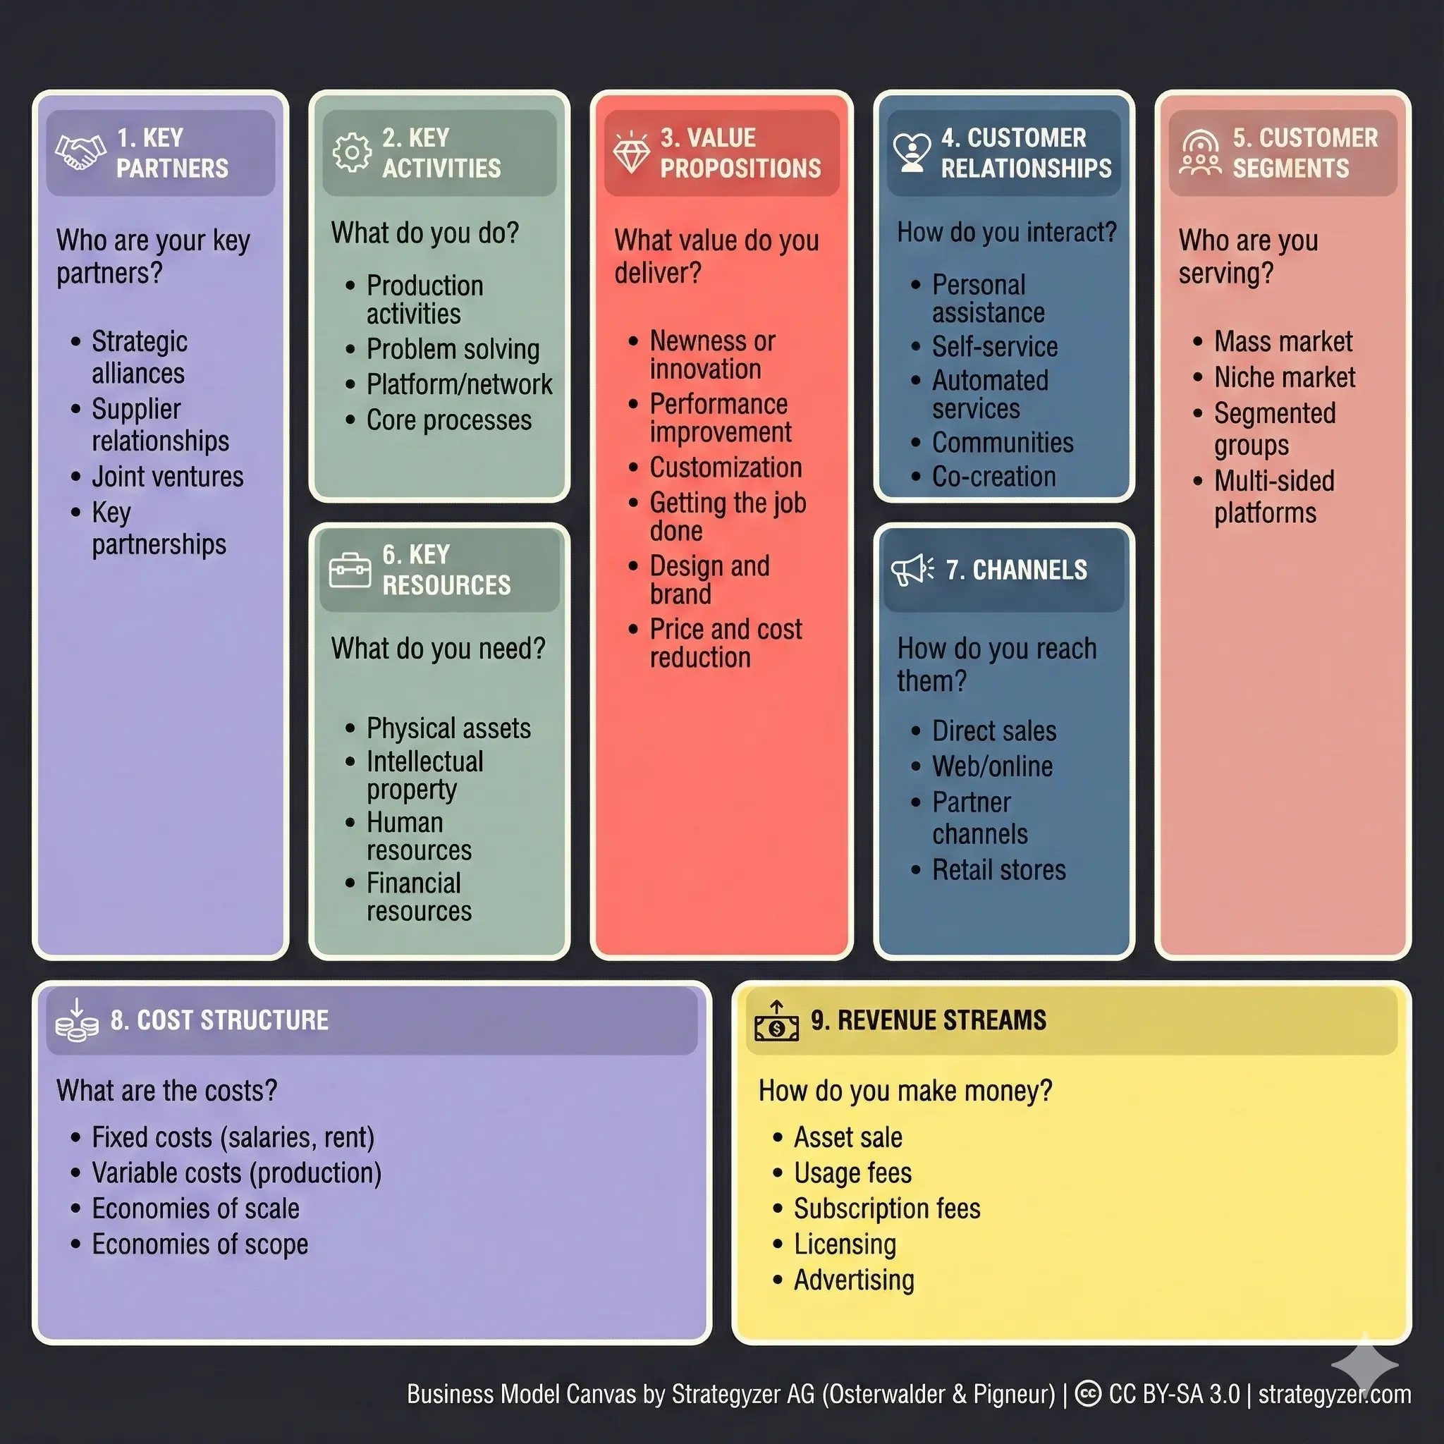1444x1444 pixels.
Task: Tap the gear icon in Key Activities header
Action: pyautogui.click(x=351, y=153)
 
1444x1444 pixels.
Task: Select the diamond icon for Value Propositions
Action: pyautogui.click(x=632, y=152)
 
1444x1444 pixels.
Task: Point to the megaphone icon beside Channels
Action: pyautogui.click(x=912, y=571)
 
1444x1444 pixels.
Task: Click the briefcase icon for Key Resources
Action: pyautogui.click(x=350, y=571)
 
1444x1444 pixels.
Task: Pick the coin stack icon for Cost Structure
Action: pyautogui.click(x=76, y=1021)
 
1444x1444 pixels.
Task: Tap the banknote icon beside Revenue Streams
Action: pyautogui.click(x=776, y=1022)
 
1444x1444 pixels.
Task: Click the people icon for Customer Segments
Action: pyautogui.click(x=1200, y=153)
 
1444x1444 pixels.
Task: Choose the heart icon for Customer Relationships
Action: pyautogui.click(x=912, y=152)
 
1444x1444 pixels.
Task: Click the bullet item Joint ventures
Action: pyautogui.click(x=167, y=477)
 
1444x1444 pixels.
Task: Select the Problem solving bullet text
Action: pyautogui.click(x=453, y=349)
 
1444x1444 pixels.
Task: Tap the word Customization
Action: pyautogui.click(x=726, y=468)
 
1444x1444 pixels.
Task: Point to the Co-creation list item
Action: pyautogui.click(x=994, y=477)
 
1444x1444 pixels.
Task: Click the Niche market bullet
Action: pyautogui.click(x=1284, y=377)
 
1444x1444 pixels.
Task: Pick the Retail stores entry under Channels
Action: pyautogui.click(x=998, y=870)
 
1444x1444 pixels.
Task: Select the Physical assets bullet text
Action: pyautogui.click(x=448, y=728)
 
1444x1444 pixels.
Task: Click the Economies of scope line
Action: pyautogui.click(x=200, y=1244)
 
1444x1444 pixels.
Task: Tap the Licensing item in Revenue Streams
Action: pyautogui.click(x=845, y=1244)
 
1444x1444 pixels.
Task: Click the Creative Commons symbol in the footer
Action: pyautogui.click(x=1088, y=1394)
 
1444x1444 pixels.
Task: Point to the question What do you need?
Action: pyautogui.click(x=438, y=649)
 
